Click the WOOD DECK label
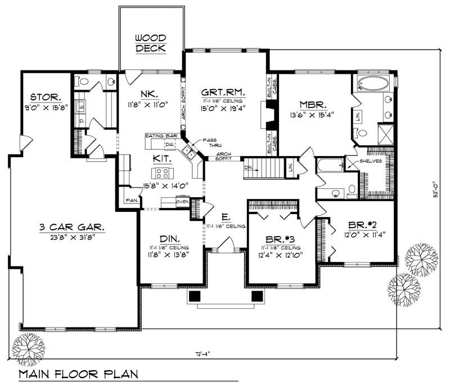tap(150, 43)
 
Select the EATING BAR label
tap(161, 136)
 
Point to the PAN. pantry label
tap(132, 200)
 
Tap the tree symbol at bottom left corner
tap(26, 344)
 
